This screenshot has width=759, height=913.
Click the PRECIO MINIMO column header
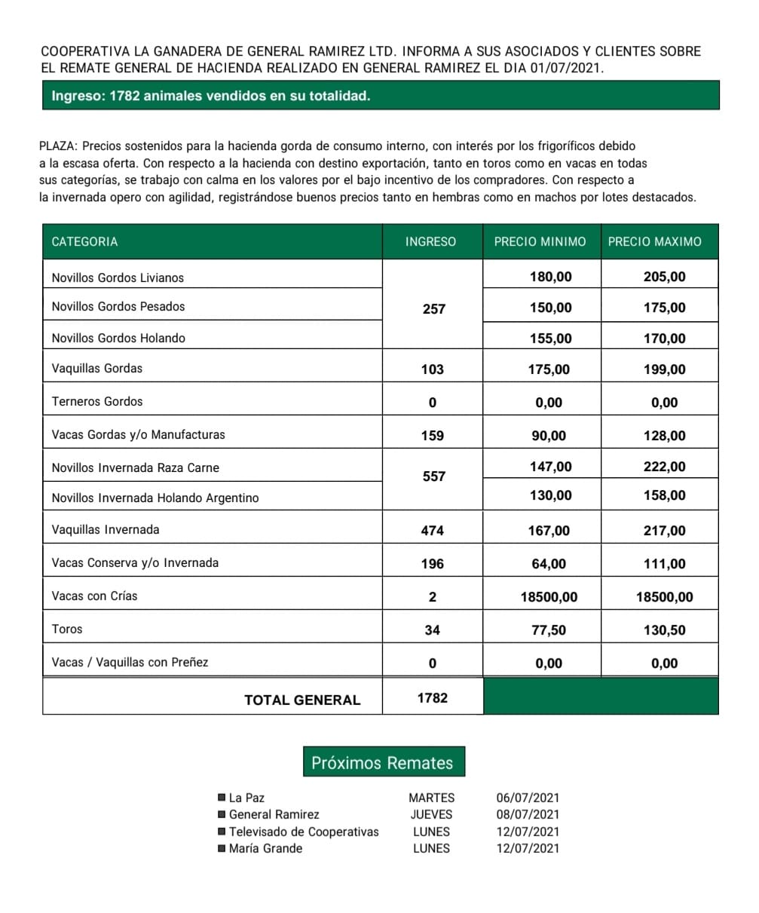point(540,242)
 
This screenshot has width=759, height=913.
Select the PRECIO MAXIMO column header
point(654,242)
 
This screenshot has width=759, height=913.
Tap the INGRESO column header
point(430,242)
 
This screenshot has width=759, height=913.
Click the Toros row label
point(67,629)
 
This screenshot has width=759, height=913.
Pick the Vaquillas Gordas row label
point(97,369)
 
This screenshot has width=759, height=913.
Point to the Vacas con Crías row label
point(95,596)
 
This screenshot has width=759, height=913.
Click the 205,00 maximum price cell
point(665,277)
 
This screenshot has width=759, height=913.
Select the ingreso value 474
point(433,531)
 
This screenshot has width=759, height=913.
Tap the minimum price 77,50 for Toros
point(549,630)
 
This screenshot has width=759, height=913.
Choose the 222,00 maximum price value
point(665,467)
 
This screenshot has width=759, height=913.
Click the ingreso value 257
point(434,308)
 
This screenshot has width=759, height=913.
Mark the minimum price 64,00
point(549,564)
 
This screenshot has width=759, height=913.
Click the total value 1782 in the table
point(433,698)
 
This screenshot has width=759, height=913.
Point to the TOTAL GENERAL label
point(302,700)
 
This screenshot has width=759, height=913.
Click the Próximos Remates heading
point(382,763)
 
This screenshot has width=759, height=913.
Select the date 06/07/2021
point(528,798)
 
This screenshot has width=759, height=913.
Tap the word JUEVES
point(431,814)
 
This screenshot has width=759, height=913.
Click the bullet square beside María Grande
point(221,848)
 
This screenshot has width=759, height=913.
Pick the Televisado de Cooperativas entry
point(304,832)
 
